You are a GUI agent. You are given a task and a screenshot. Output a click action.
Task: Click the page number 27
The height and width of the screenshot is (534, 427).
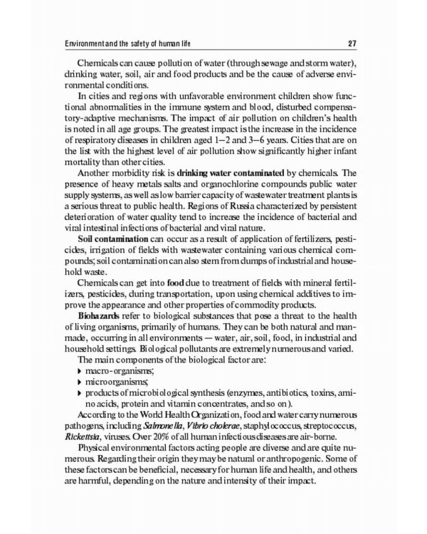[362, 39]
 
